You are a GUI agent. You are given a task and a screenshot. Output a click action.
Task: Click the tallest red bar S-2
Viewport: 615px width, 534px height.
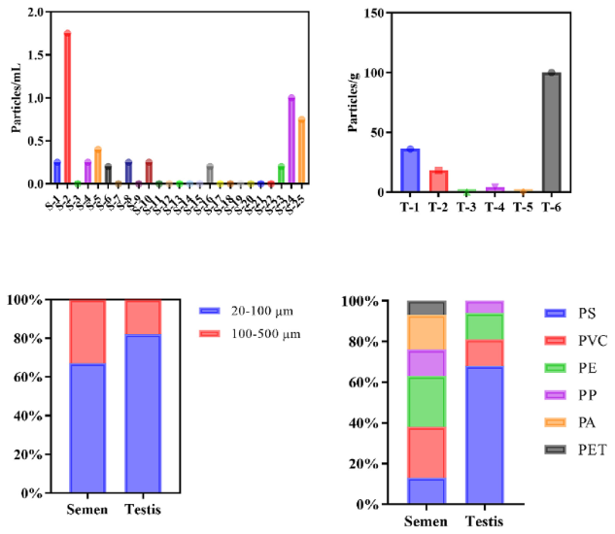pyautogui.click(x=67, y=108)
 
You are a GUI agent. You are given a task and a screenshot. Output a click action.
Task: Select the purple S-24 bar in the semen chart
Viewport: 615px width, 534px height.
pyautogui.click(x=291, y=140)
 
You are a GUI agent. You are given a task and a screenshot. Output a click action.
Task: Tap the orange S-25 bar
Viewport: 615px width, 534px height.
pyautogui.click(x=302, y=150)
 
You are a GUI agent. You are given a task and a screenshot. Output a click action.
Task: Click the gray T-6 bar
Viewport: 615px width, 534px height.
pyautogui.click(x=552, y=132)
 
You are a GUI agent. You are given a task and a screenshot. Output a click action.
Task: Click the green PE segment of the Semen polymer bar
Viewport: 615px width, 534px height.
pyautogui.click(x=426, y=403)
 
